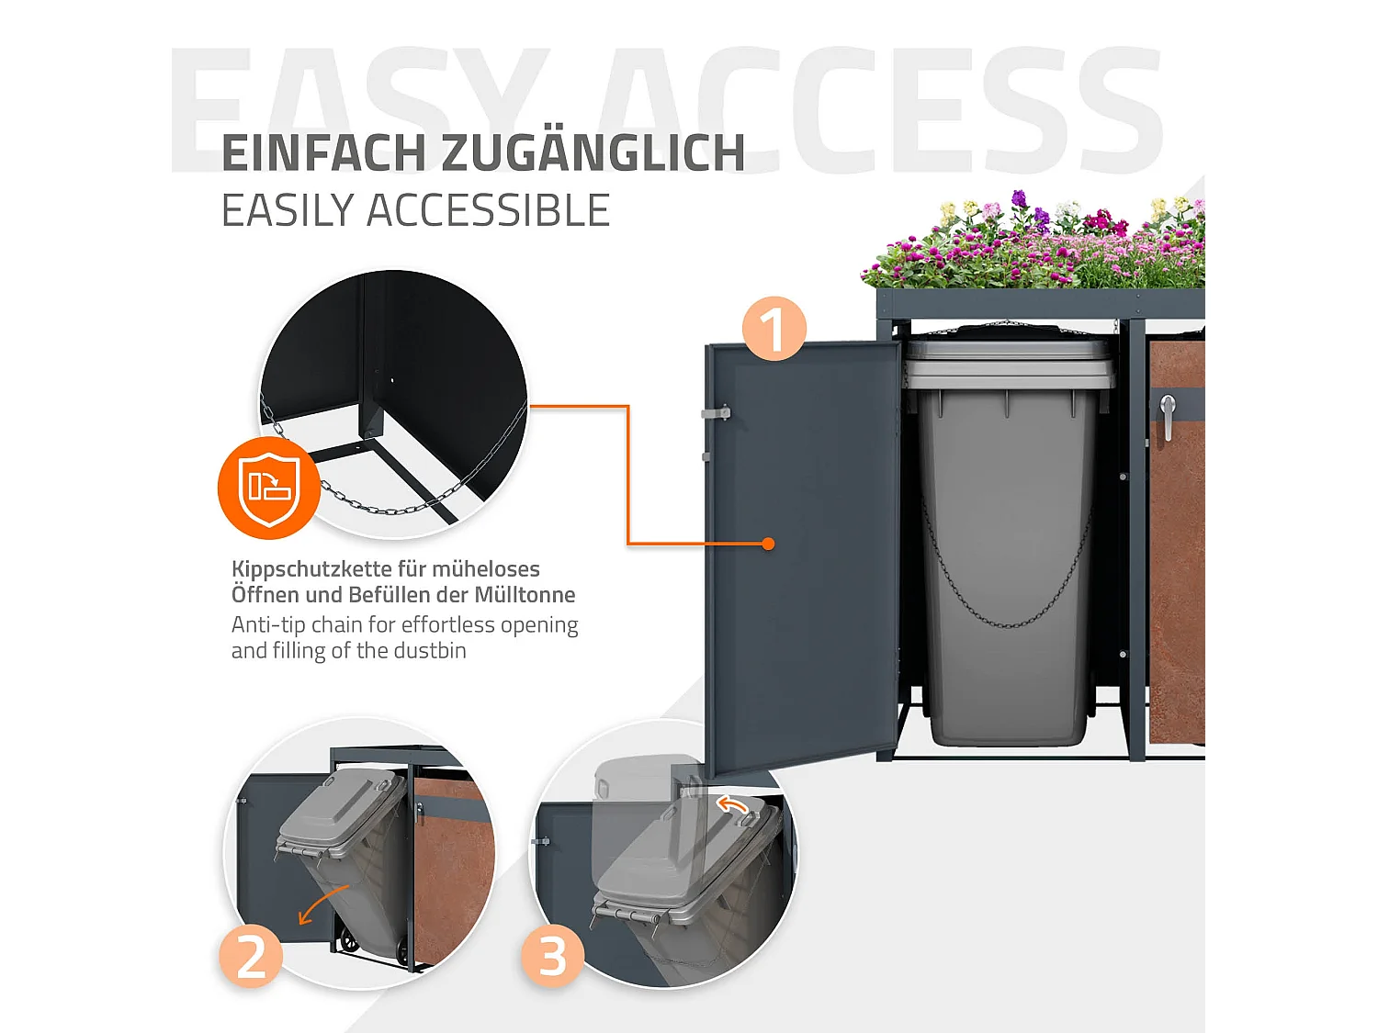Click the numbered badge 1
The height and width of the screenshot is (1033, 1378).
tap(774, 328)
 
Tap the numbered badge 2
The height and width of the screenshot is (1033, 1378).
tap(251, 956)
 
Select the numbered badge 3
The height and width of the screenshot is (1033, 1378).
tap(552, 956)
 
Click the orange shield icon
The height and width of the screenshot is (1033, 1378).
tap(268, 488)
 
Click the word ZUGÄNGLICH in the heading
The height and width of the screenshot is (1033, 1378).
tap(593, 153)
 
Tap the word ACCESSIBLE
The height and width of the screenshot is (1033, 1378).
tap(488, 210)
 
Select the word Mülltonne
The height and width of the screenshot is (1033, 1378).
tap(525, 595)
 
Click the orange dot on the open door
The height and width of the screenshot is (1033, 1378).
tap(768, 544)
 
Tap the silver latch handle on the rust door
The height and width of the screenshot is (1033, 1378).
tap(1168, 415)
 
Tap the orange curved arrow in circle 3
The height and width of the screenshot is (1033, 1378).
tap(732, 805)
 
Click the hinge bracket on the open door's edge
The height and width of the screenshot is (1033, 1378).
tap(716, 413)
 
